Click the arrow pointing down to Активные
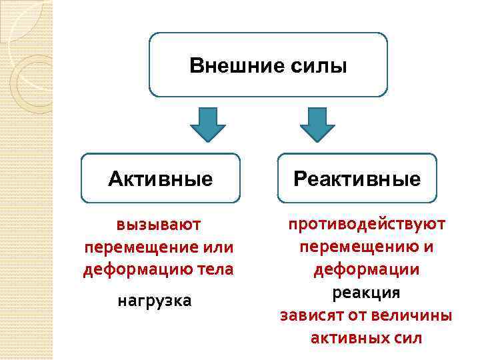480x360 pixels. click(208, 123)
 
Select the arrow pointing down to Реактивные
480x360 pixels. click(317, 123)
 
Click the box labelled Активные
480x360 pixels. click(160, 179)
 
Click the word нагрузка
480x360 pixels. click(154, 301)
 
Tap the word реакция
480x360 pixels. click(366, 292)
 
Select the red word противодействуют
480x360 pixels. click(366, 223)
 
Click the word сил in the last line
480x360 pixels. click(407, 337)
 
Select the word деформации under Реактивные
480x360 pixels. click(366, 270)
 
